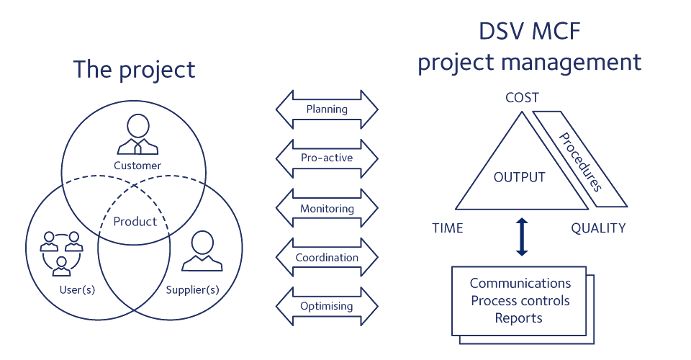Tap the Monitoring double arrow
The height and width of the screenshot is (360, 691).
tap(327, 210)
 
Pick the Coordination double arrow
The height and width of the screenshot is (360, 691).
tap(327, 257)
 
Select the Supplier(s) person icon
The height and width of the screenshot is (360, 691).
tap(202, 251)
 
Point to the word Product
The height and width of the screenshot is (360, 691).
tap(135, 222)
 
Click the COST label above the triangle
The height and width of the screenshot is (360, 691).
tap(523, 97)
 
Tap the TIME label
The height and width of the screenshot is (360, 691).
tap(447, 229)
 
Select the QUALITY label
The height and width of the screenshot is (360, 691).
tap(598, 229)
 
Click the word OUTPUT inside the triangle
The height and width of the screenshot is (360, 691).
tap(520, 177)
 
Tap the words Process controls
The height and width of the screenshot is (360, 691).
tap(520, 300)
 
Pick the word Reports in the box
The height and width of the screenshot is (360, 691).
tap(518, 318)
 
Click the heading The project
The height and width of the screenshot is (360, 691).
tap(134, 70)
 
